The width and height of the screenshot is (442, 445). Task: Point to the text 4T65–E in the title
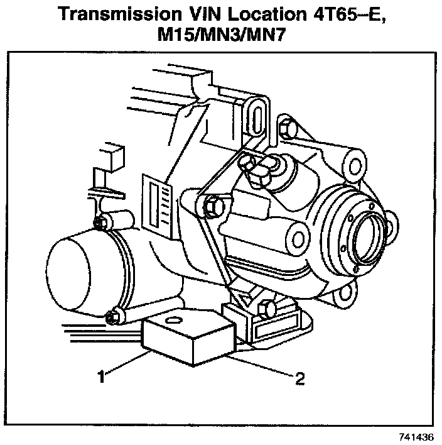point(332,13)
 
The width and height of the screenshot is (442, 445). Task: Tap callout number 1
point(100,377)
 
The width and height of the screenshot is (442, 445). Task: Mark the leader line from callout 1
point(126,364)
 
